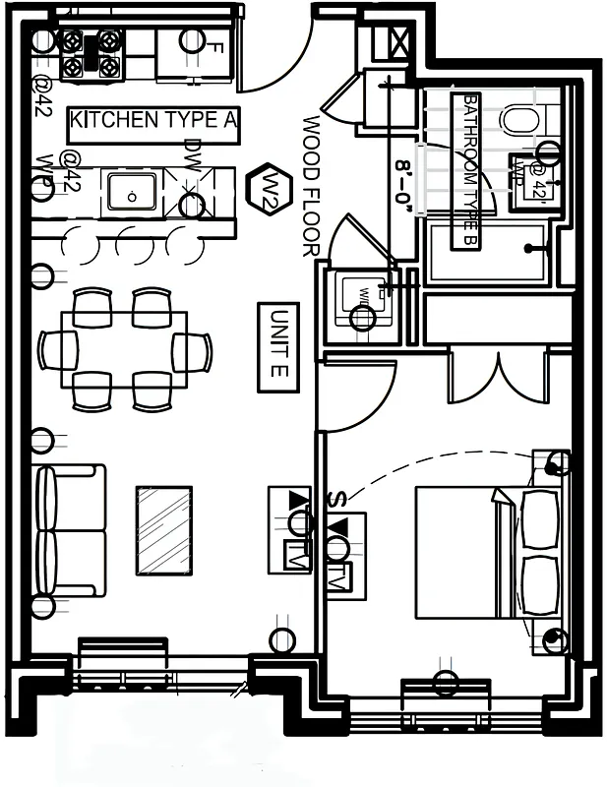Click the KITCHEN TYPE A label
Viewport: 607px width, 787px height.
[154, 122]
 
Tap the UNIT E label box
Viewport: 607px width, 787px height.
[277, 347]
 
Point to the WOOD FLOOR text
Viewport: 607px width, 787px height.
[312, 187]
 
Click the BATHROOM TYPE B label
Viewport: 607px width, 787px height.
[469, 171]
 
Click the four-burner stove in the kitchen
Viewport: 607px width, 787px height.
[91, 54]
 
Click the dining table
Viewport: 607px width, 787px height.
[124, 349]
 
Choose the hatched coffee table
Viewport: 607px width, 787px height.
[163, 529]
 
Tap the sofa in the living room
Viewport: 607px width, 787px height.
[71, 530]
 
